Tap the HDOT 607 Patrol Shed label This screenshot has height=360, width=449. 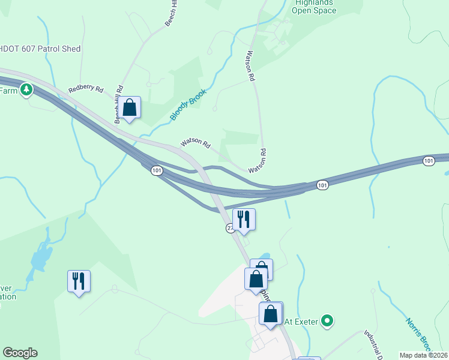click(41, 49)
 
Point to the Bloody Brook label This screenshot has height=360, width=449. click(189, 104)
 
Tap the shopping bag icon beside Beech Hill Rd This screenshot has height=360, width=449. click(129, 109)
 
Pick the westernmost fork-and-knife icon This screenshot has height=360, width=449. click(79, 281)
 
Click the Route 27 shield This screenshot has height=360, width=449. click(230, 229)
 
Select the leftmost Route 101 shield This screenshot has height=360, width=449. click(157, 171)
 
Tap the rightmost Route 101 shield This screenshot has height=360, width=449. click(428, 161)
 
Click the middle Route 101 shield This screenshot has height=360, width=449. click(322, 185)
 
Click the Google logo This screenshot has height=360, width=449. click(20, 353)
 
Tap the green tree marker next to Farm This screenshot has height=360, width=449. click(26, 90)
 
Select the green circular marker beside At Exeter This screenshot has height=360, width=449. click(327, 322)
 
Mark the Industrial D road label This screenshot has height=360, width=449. click(373, 344)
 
